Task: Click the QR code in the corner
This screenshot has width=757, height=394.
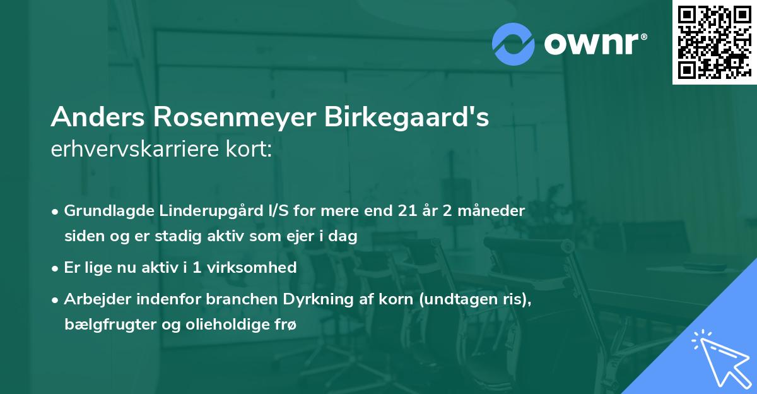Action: point(713,42)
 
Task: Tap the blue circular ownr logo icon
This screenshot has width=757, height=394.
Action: point(513,44)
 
